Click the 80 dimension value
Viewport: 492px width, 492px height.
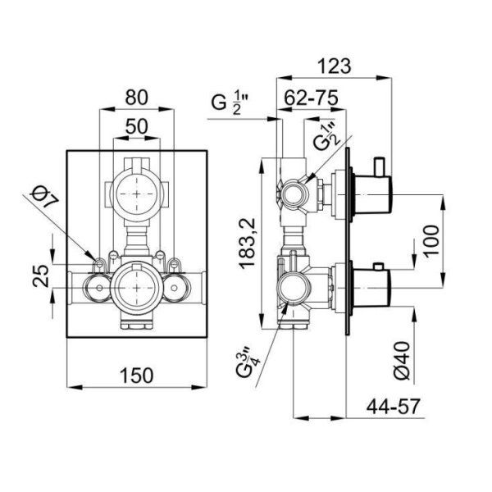(x=137, y=97)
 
